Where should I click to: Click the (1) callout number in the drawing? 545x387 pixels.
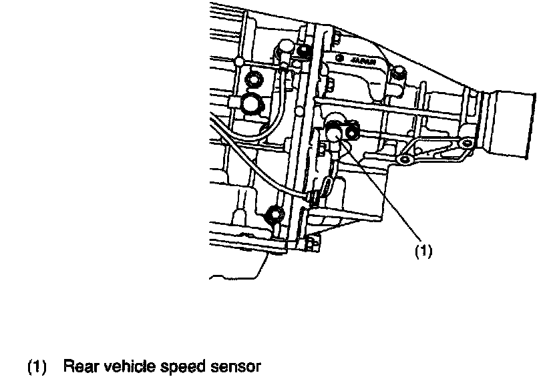pyautogui.click(x=425, y=251)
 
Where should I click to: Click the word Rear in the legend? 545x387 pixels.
pyautogui.click(x=79, y=366)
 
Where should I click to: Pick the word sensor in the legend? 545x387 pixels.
pyautogui.click(x=233, y=366)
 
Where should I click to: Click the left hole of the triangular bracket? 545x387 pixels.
pyautogui.click(x=404, y=161)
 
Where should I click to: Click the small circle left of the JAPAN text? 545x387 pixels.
pyautogui.click(x=340, y=59)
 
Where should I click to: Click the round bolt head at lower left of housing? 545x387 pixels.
pyautogui.click(x=275, y=214)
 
